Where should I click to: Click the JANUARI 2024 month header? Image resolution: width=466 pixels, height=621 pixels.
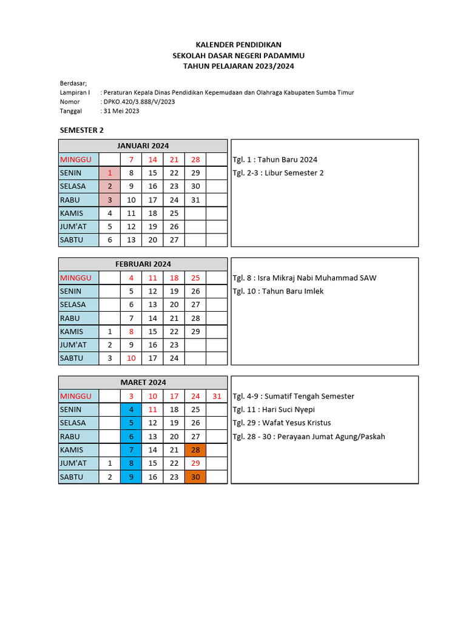[x=143, y=146]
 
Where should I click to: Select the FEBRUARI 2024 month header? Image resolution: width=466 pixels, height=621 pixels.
[x=143, y=264]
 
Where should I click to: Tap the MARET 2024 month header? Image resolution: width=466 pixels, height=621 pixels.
[x=143, y=383]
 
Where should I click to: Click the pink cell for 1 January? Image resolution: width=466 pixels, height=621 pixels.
[x=110, y=173]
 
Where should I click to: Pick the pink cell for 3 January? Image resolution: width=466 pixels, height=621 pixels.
[x=110, y=200]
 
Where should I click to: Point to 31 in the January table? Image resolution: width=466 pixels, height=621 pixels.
[x=195, y=200]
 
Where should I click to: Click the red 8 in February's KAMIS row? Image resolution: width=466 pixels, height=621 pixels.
[x=131, y=332]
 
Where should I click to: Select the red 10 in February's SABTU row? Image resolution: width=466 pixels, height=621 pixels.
[x=131, y=358]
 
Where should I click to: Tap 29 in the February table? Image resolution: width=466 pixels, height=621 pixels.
[x=195, y=332]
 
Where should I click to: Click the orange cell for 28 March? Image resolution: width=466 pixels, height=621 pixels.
[x=195, y=450]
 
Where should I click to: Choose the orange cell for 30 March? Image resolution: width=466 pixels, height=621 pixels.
[x=195, y=477]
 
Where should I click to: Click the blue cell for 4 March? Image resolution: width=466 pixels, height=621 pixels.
[x=131, y=409]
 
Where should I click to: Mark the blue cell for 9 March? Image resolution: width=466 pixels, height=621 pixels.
[x=131, y=477]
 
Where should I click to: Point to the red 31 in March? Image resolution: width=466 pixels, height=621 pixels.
[x=217, y=397]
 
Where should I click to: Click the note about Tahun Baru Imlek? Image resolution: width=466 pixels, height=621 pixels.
[x=278, y=291]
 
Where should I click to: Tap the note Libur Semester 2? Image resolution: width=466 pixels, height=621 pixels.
[x=278, y=173]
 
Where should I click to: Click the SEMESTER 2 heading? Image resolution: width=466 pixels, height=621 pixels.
[x=82, y=130]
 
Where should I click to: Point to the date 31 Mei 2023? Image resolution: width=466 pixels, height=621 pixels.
[x=121, y=111]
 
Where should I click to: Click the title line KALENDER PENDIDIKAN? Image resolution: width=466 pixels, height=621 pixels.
[x=238, y=45]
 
